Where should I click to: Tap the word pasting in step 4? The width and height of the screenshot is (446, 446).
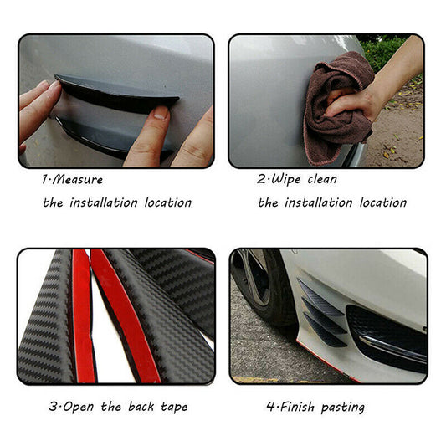click(x=343, y=408)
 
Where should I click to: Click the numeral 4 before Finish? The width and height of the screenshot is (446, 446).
click(x=270, y=407)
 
